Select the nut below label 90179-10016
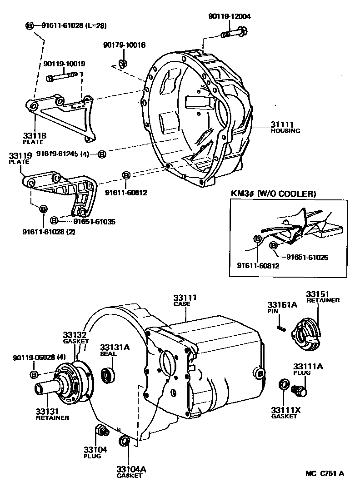121,63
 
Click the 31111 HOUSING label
285,127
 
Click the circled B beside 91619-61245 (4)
102,154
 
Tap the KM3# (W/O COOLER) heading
274,194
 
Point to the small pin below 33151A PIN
281,327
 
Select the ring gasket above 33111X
283,384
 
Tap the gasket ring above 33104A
124,442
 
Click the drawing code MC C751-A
325,474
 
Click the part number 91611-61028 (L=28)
73,26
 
